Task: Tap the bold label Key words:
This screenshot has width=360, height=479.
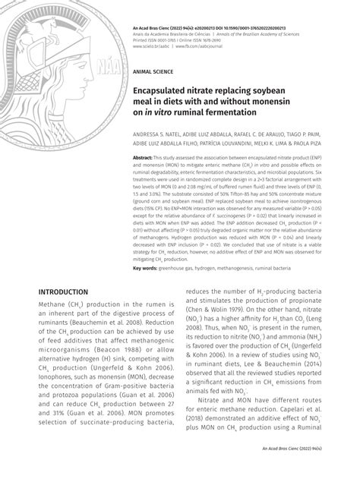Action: tap(147, 268)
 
